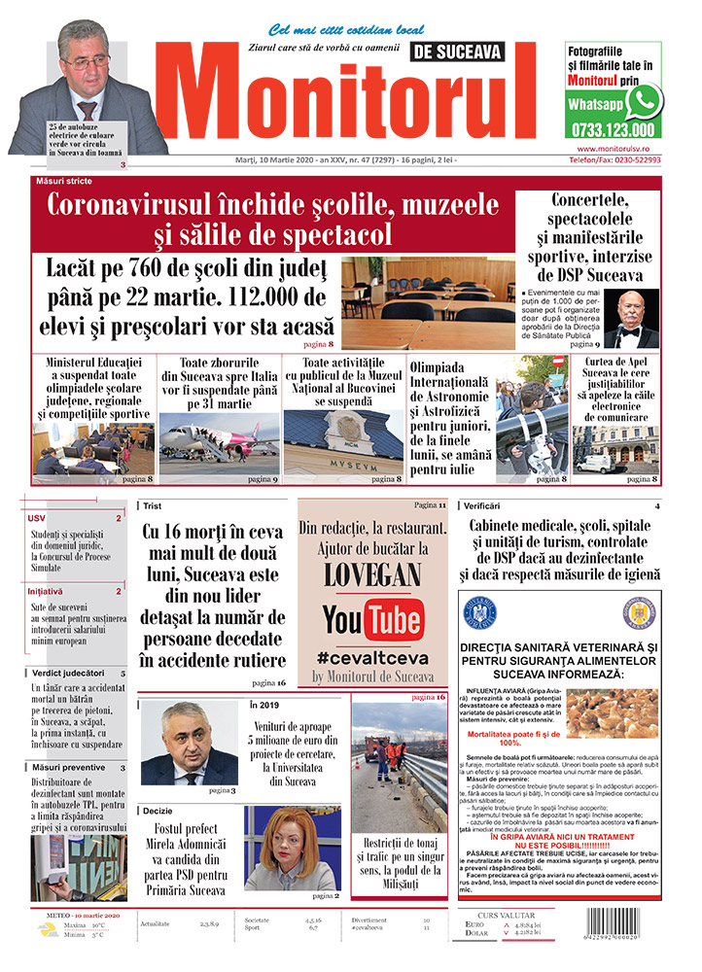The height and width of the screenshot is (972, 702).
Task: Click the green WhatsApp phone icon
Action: [642, 102]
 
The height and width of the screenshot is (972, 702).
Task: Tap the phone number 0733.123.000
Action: [613, 130]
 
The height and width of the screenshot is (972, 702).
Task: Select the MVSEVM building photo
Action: [341, 441]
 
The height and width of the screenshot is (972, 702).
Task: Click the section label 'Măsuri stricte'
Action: [67, 182]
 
